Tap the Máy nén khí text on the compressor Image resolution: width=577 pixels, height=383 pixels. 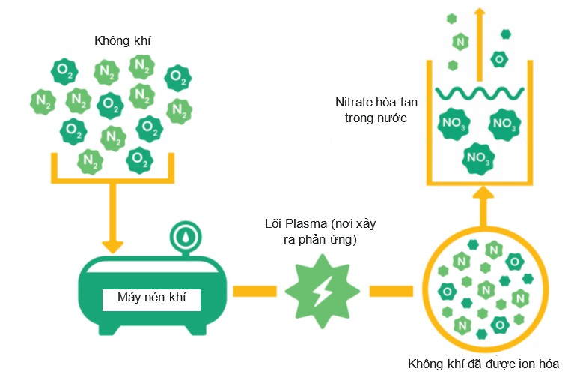(152, 298)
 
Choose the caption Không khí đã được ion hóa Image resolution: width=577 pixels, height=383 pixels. (483, 365)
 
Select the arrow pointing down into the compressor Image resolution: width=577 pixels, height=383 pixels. (112, 225)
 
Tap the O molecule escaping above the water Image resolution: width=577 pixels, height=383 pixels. (499, 58)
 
